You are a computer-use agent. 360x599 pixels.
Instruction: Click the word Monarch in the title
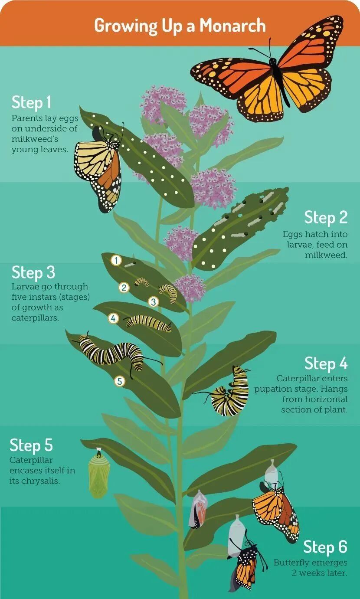(x=232, y=26)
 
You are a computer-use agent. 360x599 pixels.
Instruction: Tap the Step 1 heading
(x=31, y=102)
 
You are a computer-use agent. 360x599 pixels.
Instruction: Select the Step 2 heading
(x=326, y=217)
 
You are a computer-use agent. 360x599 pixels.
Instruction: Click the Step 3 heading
(x=33, y=272)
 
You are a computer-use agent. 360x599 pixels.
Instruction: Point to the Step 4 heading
(x=326, y=363)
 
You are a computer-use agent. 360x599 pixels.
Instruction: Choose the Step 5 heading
(x=31, y=445)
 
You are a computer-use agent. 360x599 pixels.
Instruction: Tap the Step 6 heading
(x=325, y=547)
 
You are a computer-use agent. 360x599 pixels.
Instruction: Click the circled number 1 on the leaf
(x=116, y=260)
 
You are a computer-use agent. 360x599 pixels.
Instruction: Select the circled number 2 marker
(x=124, y=288)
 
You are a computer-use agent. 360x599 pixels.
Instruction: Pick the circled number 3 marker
(x=154, y=302)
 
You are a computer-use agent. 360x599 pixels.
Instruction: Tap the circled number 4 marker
(x=113, y=318)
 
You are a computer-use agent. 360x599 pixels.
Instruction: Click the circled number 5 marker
(x=120, y=381)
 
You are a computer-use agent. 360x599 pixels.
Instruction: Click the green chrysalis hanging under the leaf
(x=99, y=474)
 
